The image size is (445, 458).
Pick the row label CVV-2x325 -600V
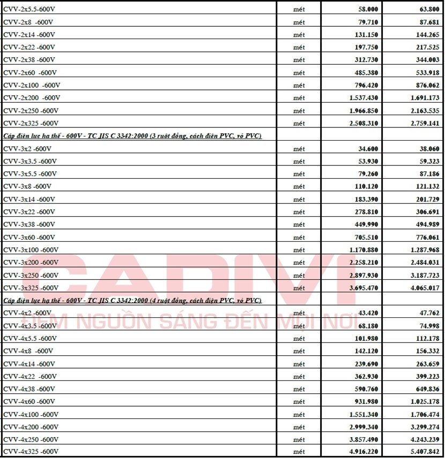click(31, 124)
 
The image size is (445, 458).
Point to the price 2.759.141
click(424, 124)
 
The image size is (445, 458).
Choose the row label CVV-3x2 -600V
click(27, 149)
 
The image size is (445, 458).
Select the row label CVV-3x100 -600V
click(31, 250)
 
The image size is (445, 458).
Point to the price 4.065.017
click(424, 288)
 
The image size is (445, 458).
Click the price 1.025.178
click(424, 402)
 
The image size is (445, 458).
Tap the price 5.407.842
click(424, 452)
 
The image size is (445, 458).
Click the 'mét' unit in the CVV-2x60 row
click(299, 73)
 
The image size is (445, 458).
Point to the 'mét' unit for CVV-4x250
click(299, 440)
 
